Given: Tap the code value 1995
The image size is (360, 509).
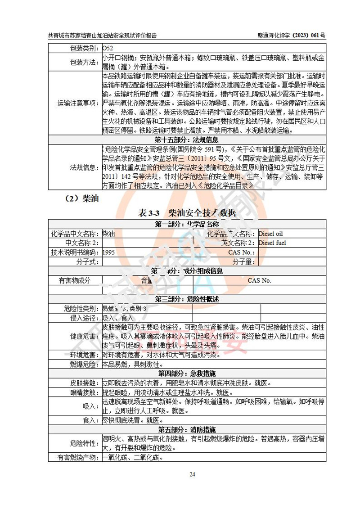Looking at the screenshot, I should coord(108,252).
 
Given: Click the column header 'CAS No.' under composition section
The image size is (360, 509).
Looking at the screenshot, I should coord(259,280).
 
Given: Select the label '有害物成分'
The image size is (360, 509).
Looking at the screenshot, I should coord(75,280).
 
